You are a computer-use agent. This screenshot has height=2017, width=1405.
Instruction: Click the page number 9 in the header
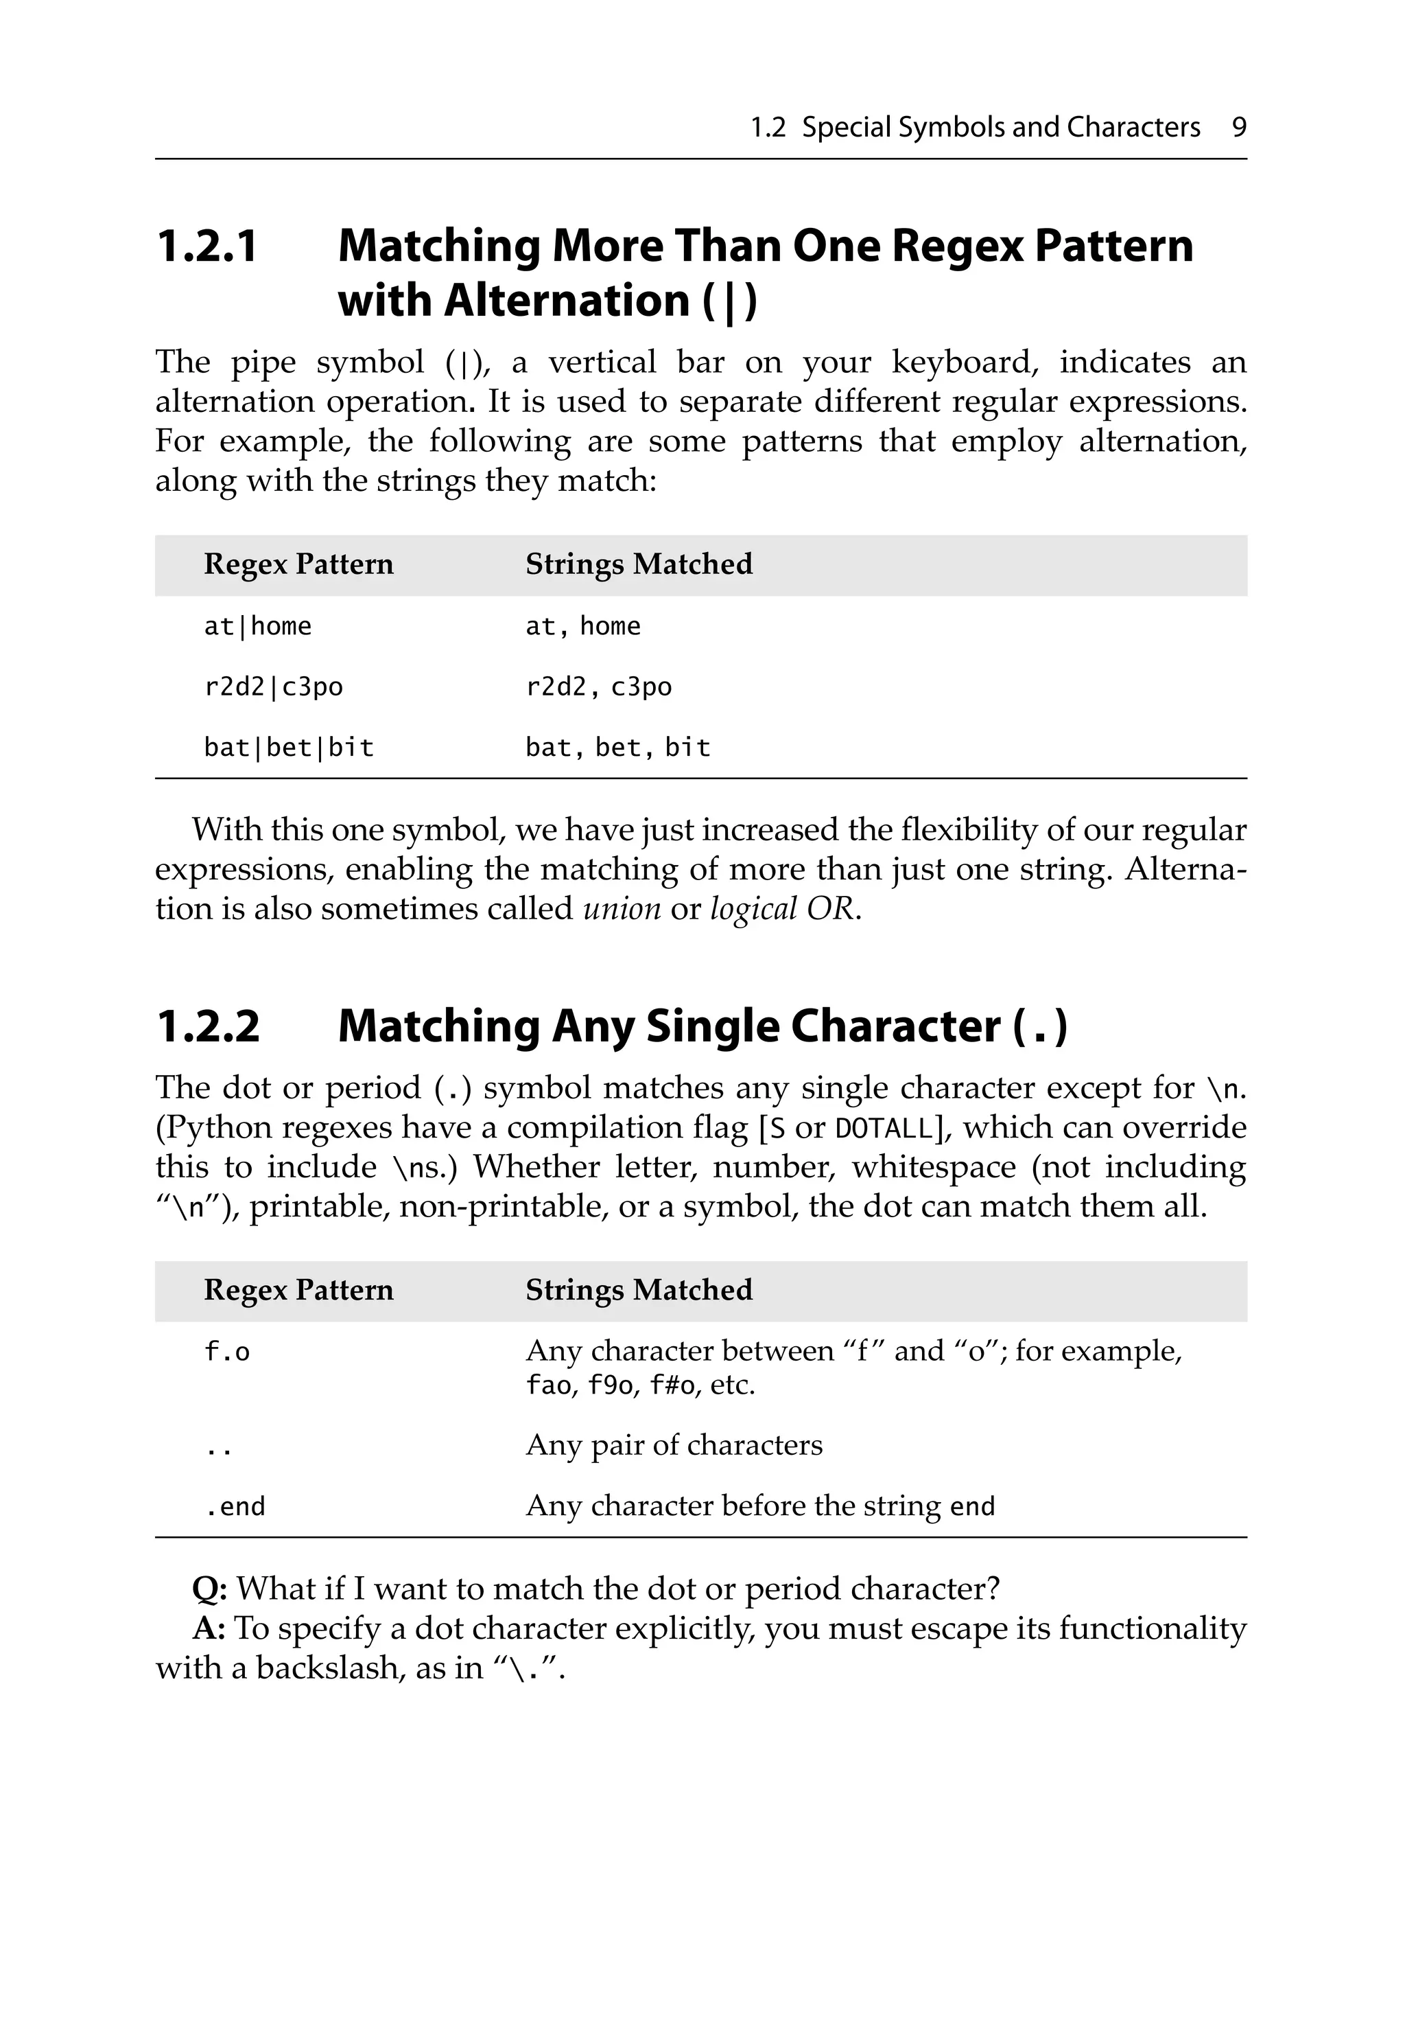[x=1238, y=128]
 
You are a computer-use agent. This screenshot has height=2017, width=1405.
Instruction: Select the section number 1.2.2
[x=208, y=1026]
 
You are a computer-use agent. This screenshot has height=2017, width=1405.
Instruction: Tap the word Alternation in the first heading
[x=567, y=301]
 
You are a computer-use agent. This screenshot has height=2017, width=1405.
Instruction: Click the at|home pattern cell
[x=257, y=626]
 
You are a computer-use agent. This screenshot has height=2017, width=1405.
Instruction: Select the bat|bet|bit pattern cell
[x=289, y=748]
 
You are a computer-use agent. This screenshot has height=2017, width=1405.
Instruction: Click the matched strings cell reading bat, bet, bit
[x=617, y=748]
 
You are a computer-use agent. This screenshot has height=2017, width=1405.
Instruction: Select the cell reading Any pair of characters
[x=674, y=1445]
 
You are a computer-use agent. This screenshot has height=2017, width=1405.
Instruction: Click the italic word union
[x=622, y=908]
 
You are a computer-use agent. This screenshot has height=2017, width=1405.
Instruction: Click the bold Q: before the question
[x=210, y=1589]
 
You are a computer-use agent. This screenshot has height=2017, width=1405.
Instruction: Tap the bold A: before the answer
[x=209, y=1628]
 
